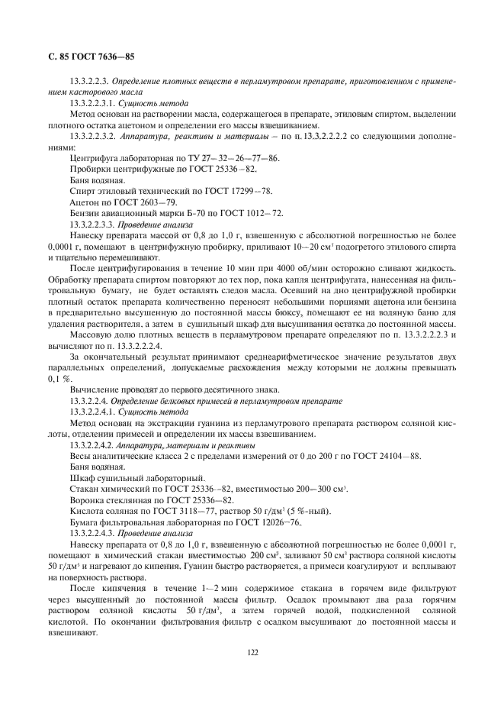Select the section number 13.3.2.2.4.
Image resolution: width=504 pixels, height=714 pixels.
point(88,401)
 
